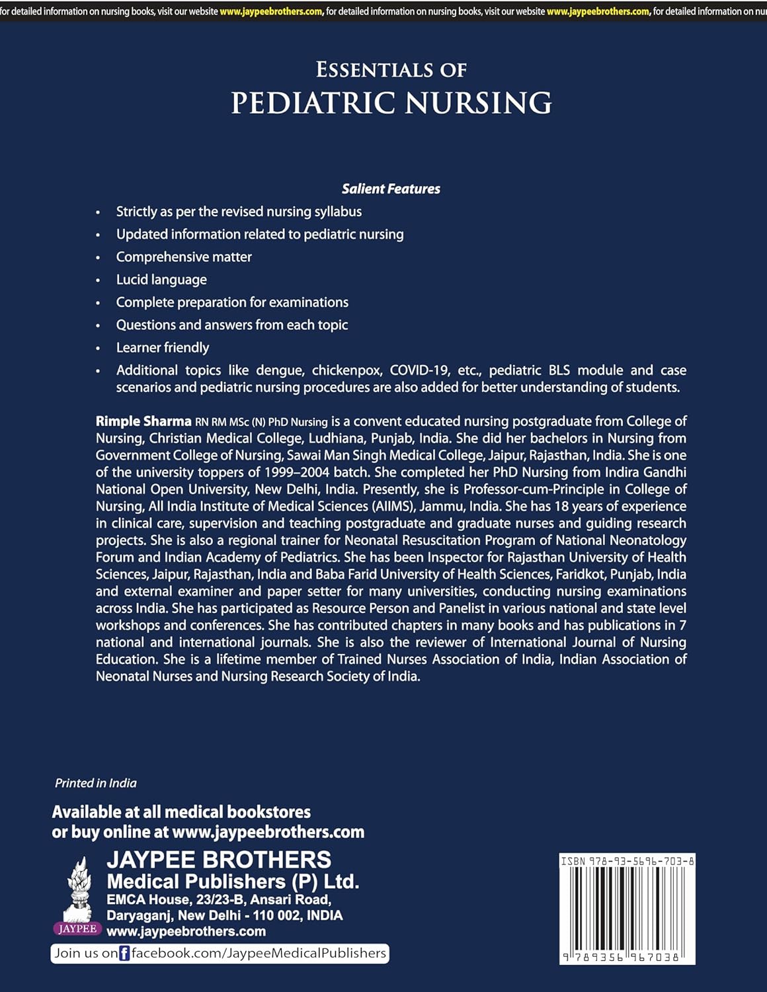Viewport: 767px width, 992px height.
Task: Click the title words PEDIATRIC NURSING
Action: tap(391, 103)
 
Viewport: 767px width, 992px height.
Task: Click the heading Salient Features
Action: tap(391, 189)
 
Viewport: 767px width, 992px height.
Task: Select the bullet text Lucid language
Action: tap(161, 280)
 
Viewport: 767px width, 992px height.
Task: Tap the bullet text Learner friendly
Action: tap(163, 348)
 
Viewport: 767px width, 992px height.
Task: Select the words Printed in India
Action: tap(96, 783)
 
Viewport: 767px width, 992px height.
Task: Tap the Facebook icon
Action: tap(124, 954)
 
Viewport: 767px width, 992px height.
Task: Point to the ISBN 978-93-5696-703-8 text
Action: tap(627, 861)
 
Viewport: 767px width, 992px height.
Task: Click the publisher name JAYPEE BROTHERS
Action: tap(219, 860)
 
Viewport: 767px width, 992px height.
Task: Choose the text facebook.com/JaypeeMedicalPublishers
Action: tap(259, 953)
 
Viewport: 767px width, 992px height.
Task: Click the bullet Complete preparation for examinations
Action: tap(232, 302)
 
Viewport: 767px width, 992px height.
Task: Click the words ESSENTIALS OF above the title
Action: tap(391, 69)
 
